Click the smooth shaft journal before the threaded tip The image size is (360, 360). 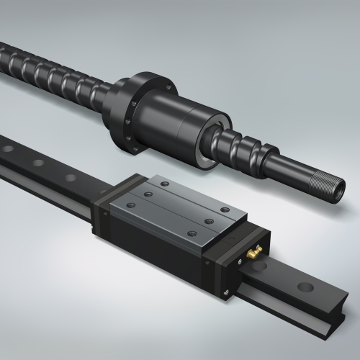click(302, 174)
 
